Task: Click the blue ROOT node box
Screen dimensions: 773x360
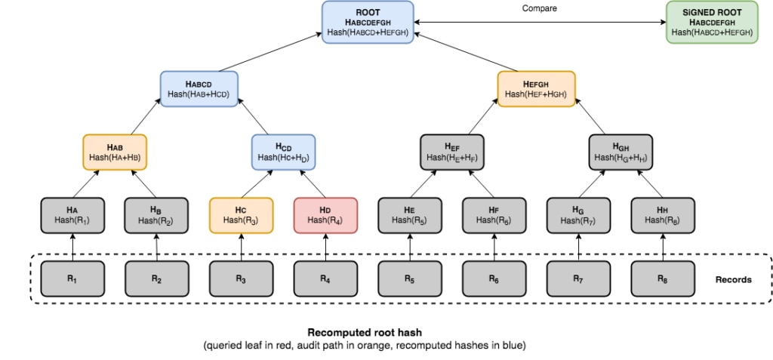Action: point(368,22)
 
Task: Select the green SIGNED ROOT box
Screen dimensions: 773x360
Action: point(712,22)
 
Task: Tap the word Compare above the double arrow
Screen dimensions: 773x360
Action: point(540,8)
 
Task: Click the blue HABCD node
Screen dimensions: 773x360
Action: point(199,88)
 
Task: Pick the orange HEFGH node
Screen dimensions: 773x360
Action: point(537,88)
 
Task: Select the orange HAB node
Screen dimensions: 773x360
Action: point(115,152)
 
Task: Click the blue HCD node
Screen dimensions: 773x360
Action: point(284,152)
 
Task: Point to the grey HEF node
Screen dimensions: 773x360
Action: point(452,152)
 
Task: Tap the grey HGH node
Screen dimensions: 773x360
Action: point(621,152)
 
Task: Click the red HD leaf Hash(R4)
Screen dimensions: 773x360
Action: point(325,216)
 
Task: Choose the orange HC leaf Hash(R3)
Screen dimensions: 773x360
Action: point(241,216)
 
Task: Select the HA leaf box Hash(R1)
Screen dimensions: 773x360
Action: point(72,216)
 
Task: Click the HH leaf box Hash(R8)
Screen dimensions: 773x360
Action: point(663,216)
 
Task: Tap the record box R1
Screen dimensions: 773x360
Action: point(72,278)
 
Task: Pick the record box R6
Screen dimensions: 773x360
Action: point(494,278)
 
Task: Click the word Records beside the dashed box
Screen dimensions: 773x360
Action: point(734,279)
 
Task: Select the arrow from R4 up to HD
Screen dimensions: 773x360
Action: point(325,247)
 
